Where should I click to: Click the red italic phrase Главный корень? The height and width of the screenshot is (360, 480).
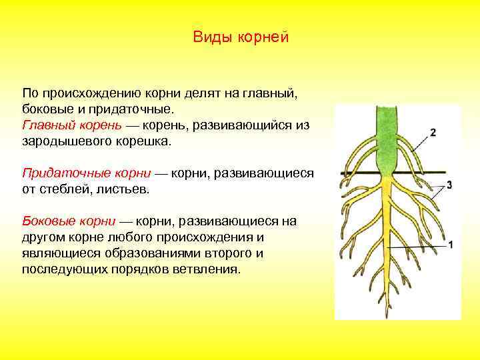click(72, 125)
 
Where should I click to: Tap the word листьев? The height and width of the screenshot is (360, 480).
click(125, 189)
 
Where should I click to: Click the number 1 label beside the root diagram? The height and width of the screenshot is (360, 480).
click(451, 245)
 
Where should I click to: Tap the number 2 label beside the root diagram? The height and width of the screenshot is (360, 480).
click(433, 132)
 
